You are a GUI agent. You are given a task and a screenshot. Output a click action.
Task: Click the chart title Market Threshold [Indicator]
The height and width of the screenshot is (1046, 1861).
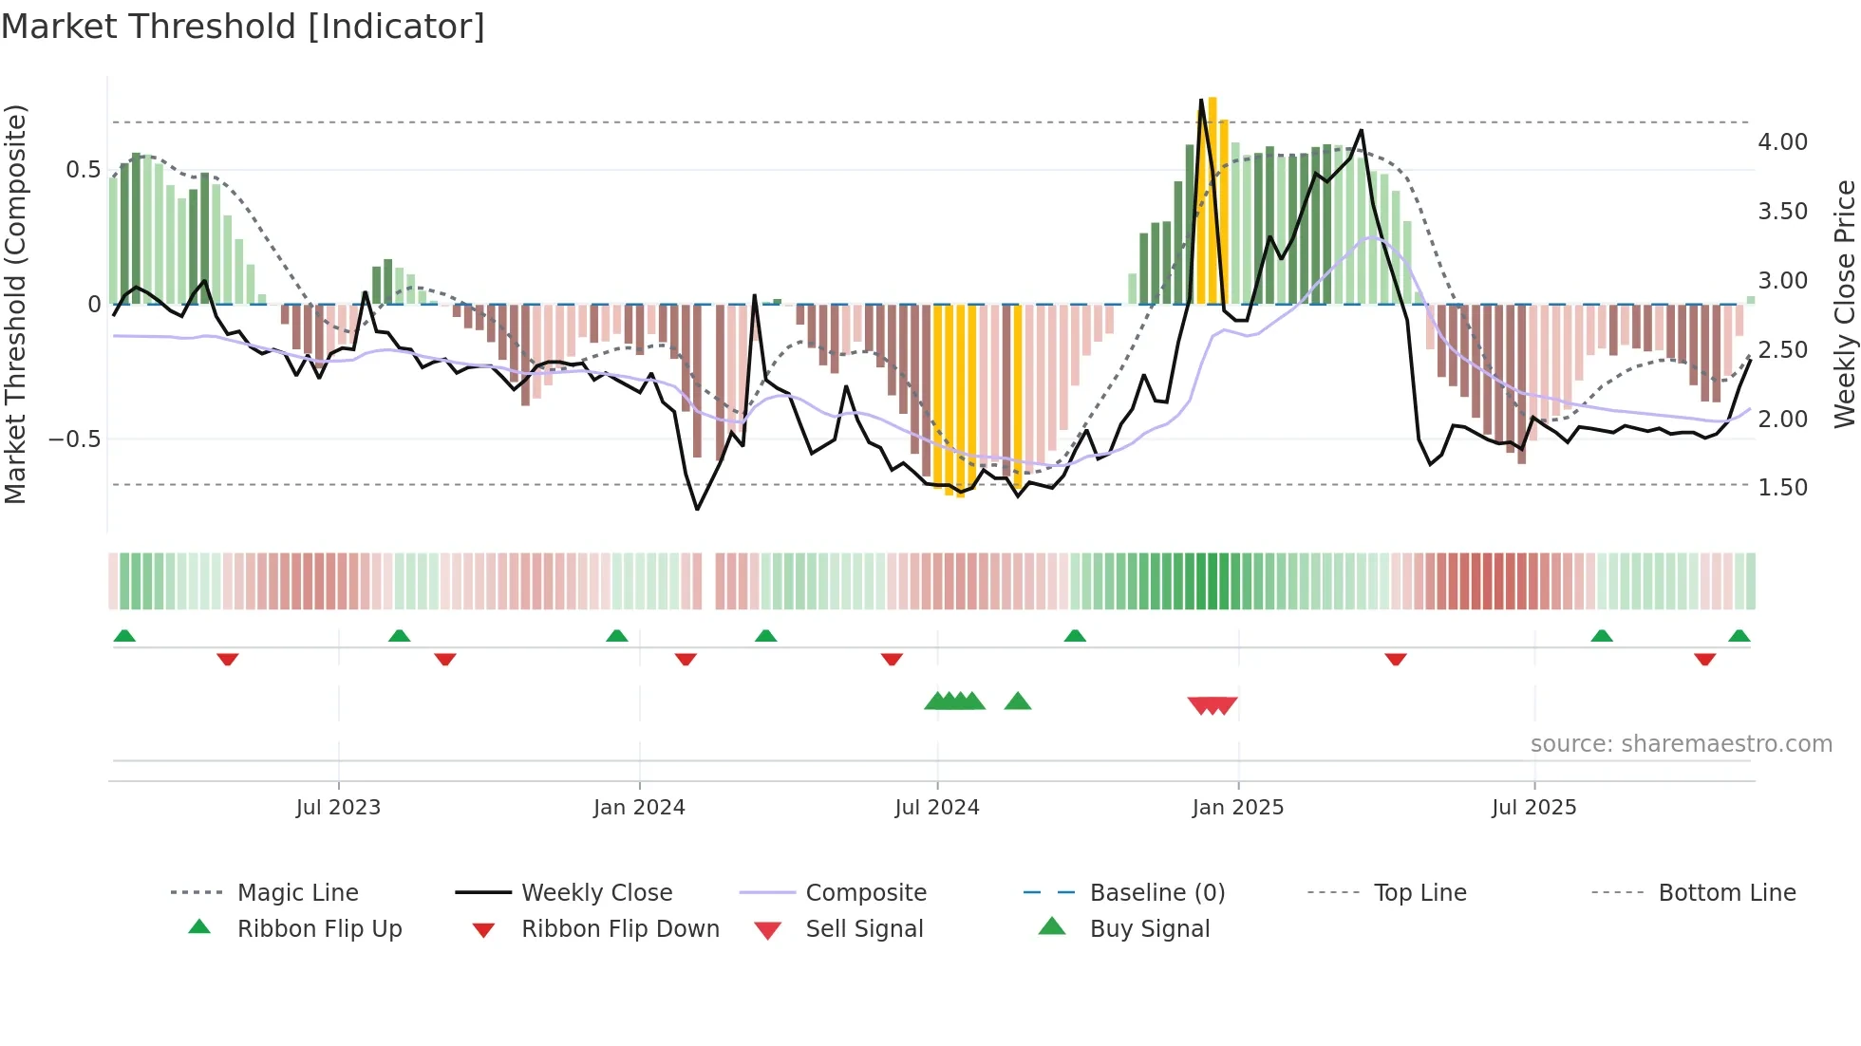click(x=243, y=27)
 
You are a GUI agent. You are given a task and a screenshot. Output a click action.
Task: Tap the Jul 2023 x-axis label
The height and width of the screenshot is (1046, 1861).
click(x=338, y=808)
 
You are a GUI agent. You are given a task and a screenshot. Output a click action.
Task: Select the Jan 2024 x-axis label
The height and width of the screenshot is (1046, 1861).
click(x=639, y=808)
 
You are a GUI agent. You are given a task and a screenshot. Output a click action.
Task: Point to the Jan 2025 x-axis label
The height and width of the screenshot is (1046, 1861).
click(x=1237, y=808)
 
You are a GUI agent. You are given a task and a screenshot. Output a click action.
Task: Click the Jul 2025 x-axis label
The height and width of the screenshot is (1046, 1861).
click(x=1533, y=808)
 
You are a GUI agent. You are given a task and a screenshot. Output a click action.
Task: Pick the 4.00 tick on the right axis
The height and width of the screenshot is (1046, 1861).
click(x=1782, y=142)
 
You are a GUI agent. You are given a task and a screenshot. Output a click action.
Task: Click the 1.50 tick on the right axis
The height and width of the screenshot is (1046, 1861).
click(x=1782, y=488)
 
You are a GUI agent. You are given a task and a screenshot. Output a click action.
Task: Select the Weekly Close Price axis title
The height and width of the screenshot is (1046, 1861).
click(x=1844, y=304)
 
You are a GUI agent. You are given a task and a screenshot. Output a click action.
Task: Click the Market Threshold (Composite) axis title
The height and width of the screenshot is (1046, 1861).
click(x=15, y=304)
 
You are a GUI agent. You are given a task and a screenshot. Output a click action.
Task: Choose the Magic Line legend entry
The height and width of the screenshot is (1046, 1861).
click(x=297, y=893)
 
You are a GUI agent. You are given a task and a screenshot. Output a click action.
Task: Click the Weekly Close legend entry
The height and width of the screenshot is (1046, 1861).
click(x=596, y=893)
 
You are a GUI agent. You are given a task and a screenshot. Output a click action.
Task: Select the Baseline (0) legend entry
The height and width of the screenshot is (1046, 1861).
click(x=1156, y=893)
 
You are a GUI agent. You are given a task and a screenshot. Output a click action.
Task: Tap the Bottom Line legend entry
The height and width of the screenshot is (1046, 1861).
click(x=1726, y=893)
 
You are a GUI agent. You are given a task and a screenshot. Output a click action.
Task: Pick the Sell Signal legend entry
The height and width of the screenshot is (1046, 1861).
click(x=864, y=929)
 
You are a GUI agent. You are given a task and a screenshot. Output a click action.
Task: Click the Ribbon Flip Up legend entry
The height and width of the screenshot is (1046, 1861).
click(x=319, y=929)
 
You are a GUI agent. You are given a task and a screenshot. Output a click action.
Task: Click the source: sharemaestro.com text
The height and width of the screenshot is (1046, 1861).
click(x=1681, y=744)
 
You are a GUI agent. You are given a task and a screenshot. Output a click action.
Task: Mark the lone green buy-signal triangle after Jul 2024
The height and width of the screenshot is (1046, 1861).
click(x=1017, y=701)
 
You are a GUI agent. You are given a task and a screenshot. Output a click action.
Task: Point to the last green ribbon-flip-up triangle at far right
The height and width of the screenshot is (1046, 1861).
click(x=1739, y=636)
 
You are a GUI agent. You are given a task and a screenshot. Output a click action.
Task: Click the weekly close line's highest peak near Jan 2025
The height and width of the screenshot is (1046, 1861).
click(x=1201, y=100)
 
